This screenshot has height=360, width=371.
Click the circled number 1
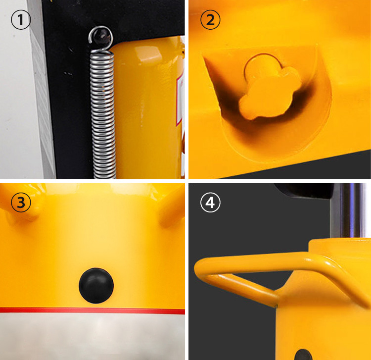click(21, 19)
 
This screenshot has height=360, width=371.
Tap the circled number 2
click(210, 19)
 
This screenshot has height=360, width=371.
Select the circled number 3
click(21, 203)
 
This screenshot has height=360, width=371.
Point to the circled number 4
click(210, 203)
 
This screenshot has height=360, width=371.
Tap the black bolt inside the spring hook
click(102, 36)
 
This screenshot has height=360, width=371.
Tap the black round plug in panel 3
click(96, 285)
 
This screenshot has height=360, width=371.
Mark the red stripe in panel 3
click(93, 310)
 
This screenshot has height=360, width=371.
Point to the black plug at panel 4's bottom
click(304, 355)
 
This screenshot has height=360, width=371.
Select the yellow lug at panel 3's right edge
click(172, 208)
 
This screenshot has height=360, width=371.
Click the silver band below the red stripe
click(93, 336)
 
